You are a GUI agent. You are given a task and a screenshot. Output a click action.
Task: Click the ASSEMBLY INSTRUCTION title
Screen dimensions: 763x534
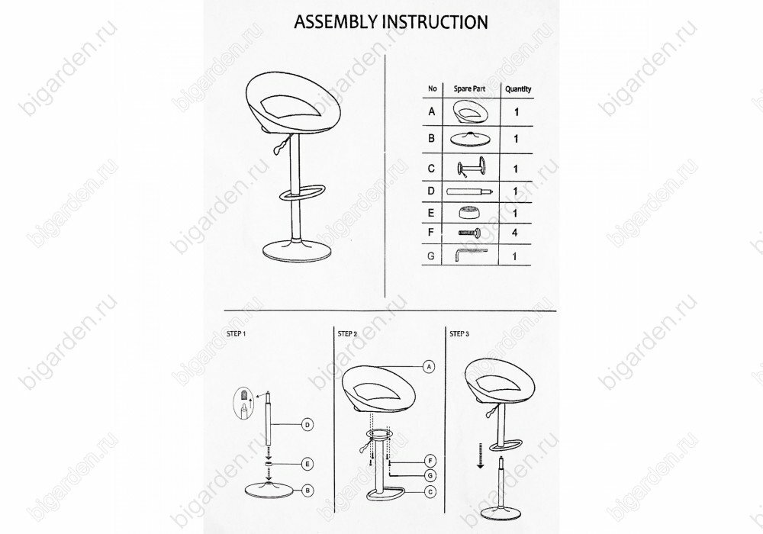pos(391,21)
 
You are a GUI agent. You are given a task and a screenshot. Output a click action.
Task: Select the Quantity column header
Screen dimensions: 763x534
pos(517,89)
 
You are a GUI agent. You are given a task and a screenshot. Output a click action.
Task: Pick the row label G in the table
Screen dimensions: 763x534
pos(432,256)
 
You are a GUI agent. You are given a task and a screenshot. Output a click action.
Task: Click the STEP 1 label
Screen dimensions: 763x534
pos(237,333)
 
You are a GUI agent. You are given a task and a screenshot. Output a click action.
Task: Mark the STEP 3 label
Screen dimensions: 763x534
pos(459,333)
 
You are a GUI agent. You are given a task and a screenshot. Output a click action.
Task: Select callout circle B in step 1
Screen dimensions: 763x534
pos(305,491)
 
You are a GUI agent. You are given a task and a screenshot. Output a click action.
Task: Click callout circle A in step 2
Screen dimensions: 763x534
pos(429,367)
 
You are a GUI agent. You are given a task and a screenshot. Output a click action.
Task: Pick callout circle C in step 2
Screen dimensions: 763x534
pos(429,491)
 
